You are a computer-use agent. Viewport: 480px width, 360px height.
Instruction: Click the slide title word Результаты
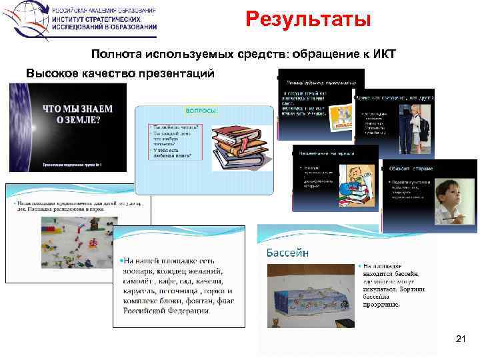[307, 20]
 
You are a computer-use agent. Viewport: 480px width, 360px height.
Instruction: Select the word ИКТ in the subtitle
[383, 55]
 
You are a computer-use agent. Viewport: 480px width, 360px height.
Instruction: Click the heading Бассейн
[287, 252]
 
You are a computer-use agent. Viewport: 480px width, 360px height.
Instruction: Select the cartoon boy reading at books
[353, 187]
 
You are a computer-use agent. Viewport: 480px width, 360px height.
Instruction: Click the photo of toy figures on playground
[73, 240]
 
